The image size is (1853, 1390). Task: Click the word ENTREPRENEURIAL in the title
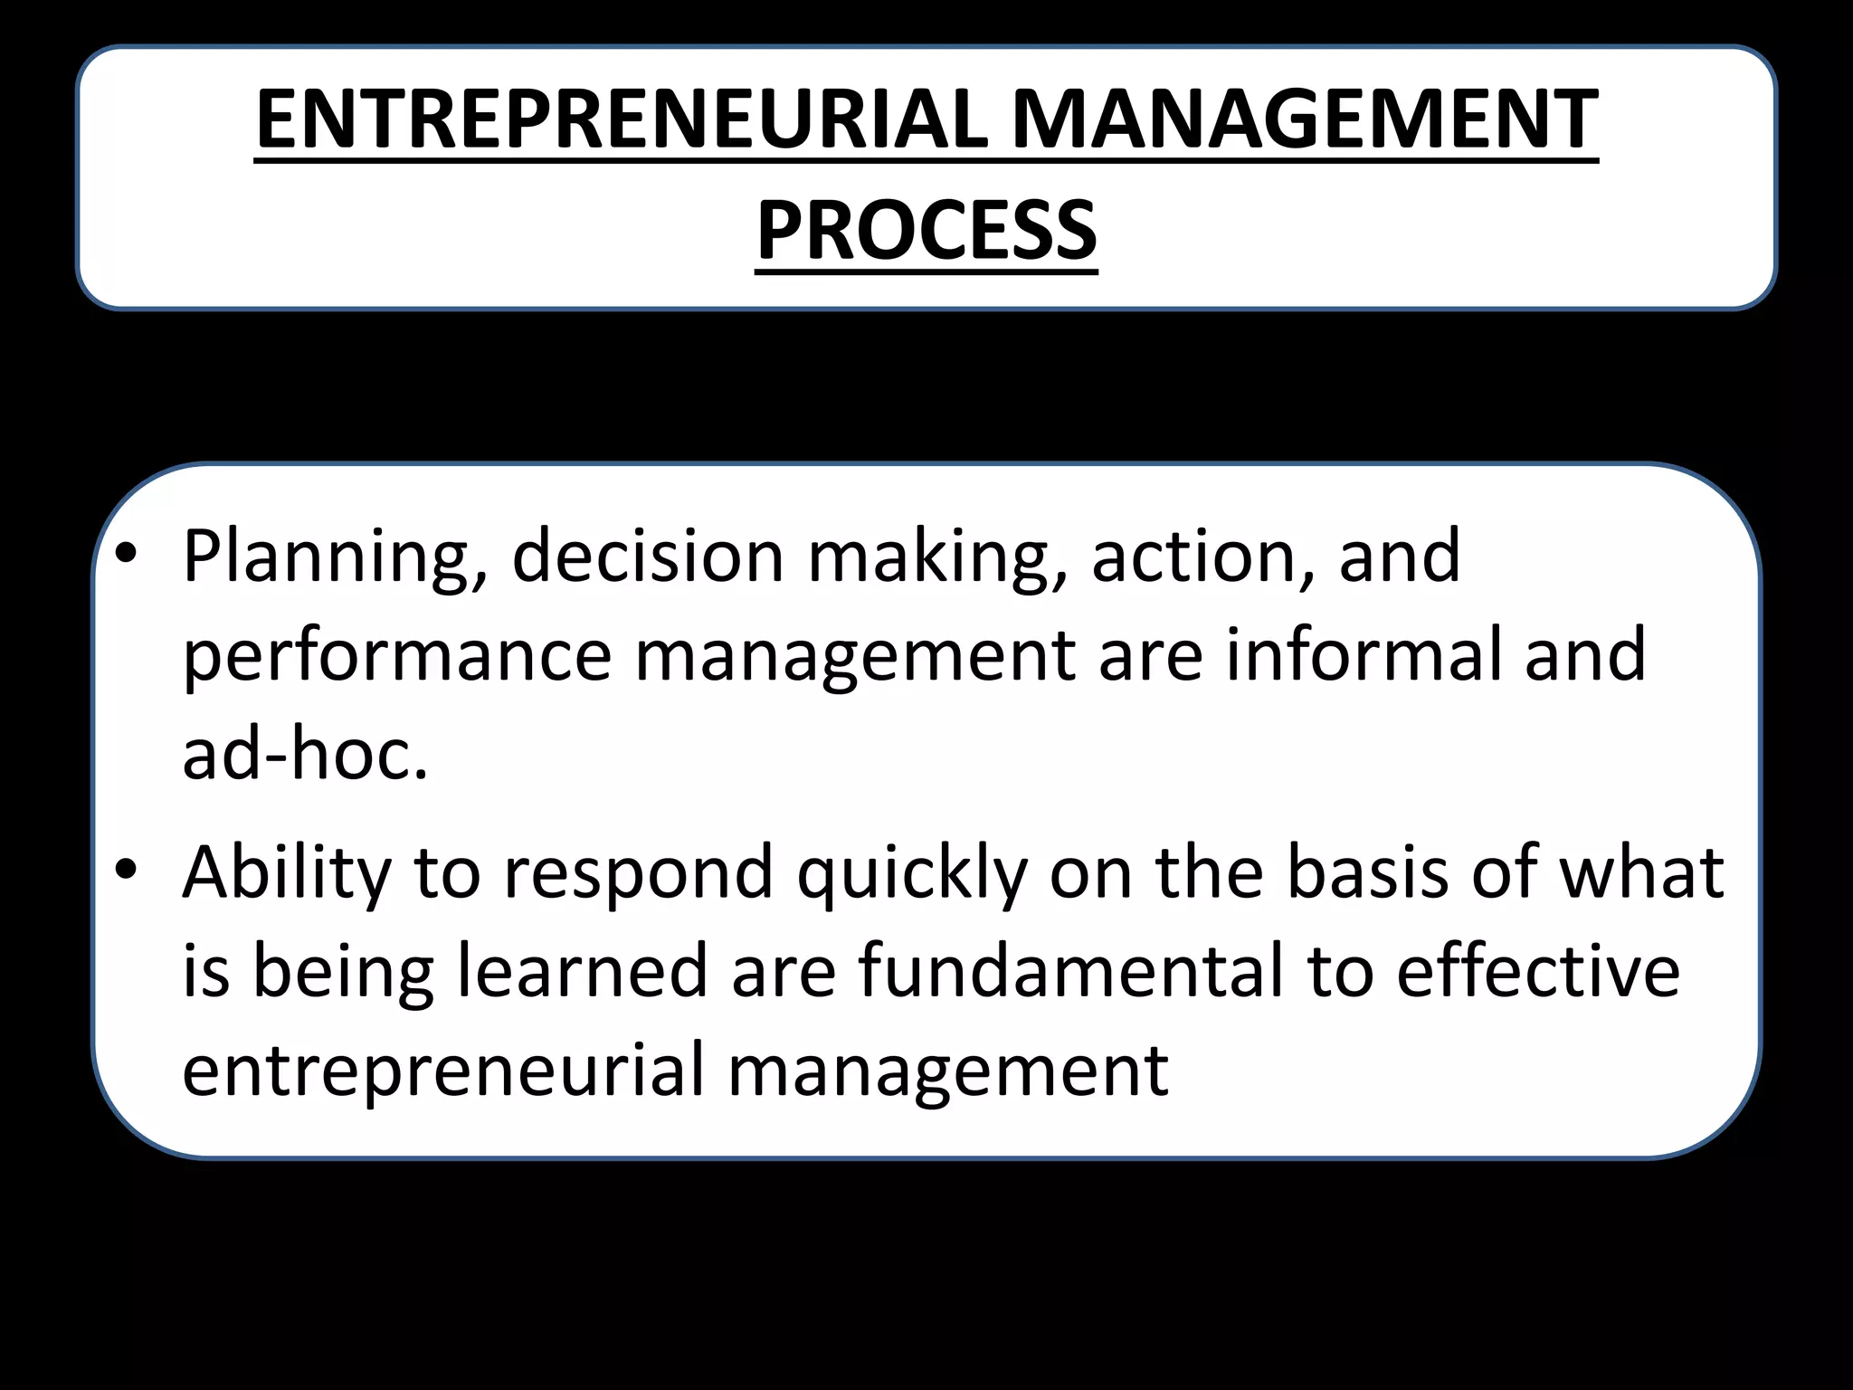(x=622, y=119)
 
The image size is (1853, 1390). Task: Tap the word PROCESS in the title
(x=926, y=232)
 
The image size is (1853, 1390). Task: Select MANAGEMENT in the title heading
(x=1305, y=119)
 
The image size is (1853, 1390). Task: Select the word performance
(x=397, y=657)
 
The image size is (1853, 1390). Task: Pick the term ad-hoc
(x=305, y=753)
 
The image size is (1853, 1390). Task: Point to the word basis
(x=1368, y=872)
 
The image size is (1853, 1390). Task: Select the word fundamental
(x=1071, y=970)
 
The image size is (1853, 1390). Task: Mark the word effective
(x=1538, y=970)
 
